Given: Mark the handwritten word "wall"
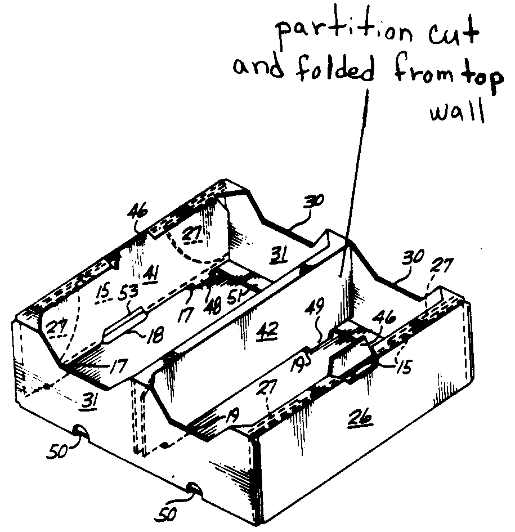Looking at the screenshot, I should [456, 112].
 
